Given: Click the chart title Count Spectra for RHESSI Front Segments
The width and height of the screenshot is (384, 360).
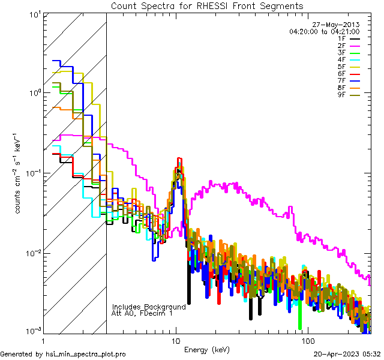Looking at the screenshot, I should coord(207,5).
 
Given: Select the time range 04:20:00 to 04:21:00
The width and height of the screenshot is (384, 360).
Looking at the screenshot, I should coord(324,31).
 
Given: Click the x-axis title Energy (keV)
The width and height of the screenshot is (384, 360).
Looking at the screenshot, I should coord(207,350).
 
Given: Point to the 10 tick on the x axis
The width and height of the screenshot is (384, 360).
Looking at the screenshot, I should coord(176,340).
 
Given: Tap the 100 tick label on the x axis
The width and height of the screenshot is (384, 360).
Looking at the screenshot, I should coord(308,340).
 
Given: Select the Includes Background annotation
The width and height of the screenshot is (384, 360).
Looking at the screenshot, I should coord(149,307).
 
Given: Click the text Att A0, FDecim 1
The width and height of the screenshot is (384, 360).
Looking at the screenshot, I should coord(142,313).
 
